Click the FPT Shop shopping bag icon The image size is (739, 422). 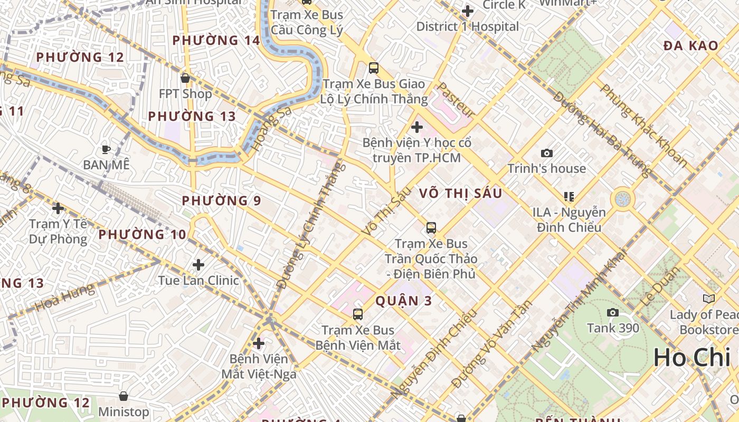point(185,78)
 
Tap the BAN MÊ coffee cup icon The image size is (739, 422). point(106,149)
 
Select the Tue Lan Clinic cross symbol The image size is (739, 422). point(198,264)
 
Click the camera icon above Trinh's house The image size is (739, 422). point(547,154)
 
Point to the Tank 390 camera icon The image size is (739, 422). point(613,312)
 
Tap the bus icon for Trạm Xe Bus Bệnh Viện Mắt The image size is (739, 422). point(358,314)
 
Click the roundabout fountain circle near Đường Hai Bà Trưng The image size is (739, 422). point(623,199)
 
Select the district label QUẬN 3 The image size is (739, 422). point(404,301)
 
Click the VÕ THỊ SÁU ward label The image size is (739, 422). point(461,194)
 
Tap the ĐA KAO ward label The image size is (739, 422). point(691,46)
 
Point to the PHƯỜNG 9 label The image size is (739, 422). point(222,200)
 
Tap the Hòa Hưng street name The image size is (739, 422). point(65,298)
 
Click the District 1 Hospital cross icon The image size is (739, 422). point(467,11)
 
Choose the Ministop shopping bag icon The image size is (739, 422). point(124,396)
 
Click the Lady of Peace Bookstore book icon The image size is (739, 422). point(708,299)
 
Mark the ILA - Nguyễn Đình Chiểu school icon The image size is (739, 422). point(569,197)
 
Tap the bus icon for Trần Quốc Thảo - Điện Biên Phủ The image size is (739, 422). point(431,228)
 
